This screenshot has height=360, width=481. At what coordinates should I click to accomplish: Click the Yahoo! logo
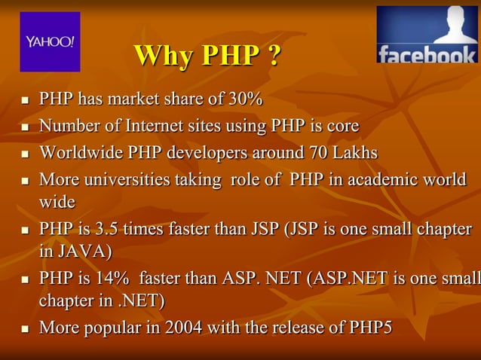(50, 41)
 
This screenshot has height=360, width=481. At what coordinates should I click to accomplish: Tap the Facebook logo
(427, 35)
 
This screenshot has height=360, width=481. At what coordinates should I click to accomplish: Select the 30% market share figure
(246, 99)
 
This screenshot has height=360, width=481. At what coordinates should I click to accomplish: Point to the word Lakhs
(354, 153)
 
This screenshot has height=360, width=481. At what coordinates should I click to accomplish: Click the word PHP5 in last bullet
(372, 328)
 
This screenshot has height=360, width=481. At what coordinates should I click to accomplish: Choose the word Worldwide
(81, 153)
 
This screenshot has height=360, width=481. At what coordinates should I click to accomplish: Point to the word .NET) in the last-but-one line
(141, 301)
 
